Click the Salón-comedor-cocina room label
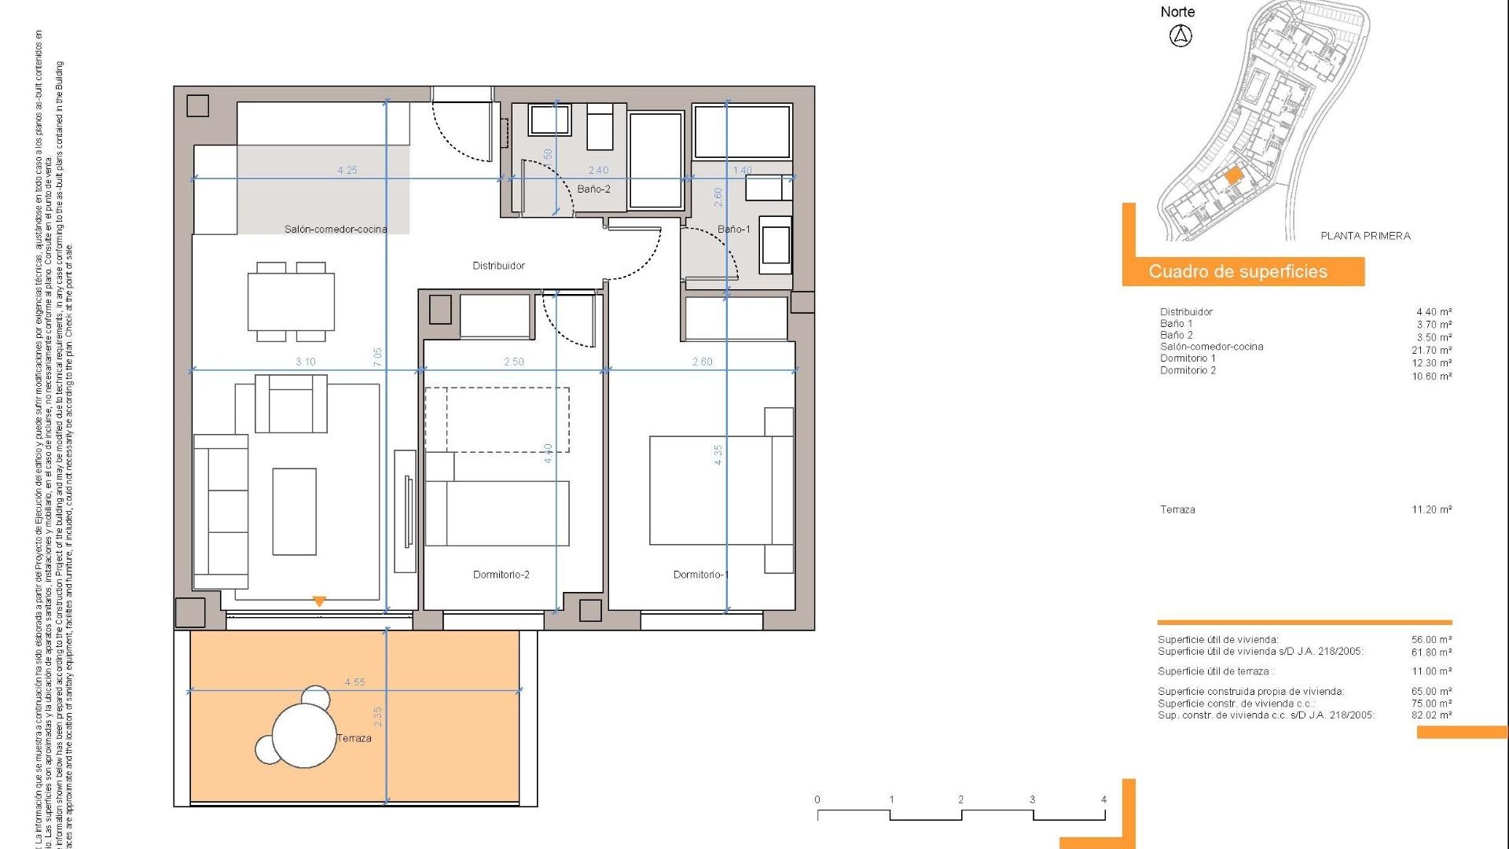point(336,230)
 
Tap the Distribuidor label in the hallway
point(498,266)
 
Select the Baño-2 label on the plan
point(593,189)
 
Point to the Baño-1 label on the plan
point(733,230)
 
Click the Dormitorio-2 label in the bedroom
point(501,575)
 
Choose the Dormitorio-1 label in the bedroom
point(700,575)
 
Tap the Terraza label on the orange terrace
point(354,738)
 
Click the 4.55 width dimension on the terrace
point(354,682)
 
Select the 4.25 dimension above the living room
point(347,170)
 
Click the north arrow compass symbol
point(1180,35)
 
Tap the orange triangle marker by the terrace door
point(319,601)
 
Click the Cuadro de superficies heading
point(1238,272)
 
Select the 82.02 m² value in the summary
point(1431,715)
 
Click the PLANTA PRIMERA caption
point(1365,236)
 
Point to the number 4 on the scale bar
point(1103,799)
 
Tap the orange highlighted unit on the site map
point(1233,175)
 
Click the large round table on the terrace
point(304,735)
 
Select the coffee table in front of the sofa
point(295,512)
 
